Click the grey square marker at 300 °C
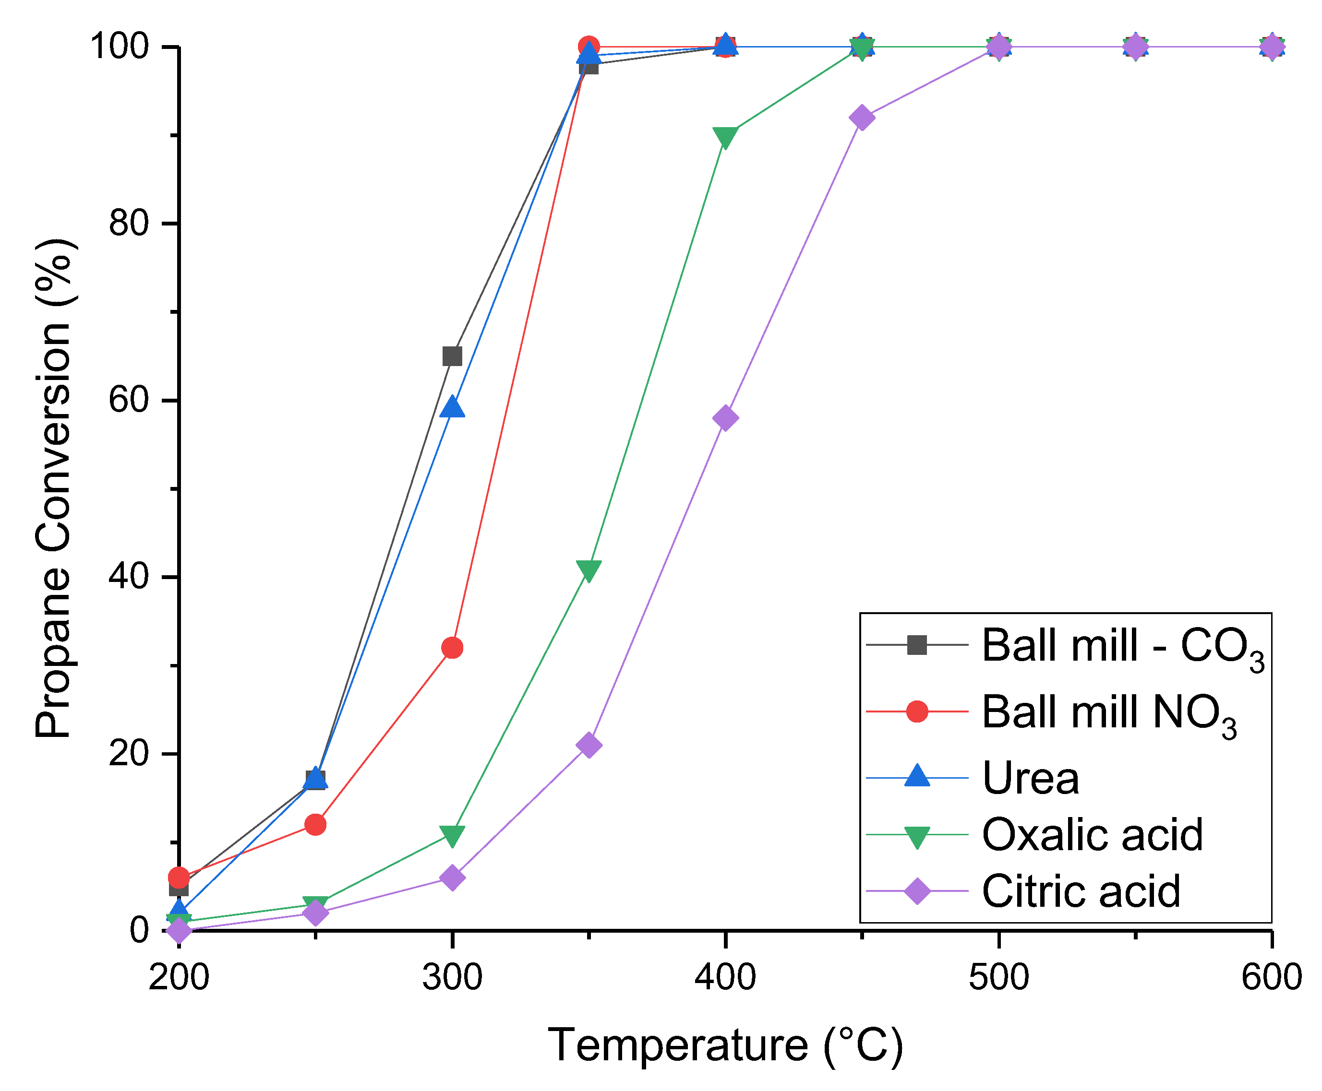click(452, 356)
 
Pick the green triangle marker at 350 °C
click(589, 569)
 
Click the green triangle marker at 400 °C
click(725, 136)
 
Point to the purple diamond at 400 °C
click(725, 418)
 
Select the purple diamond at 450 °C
click(861, 118)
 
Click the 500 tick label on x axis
click(998, 977)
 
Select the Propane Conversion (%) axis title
click(55, 488)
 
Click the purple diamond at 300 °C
click(452, 878)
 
